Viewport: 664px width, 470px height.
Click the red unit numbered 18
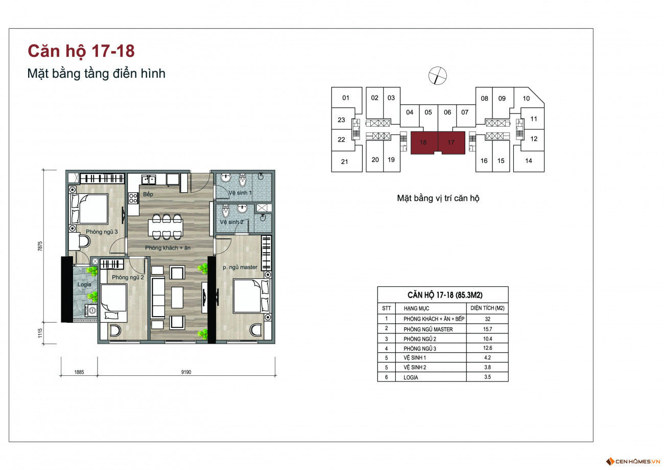point(424,142)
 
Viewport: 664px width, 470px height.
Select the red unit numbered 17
point(452,142)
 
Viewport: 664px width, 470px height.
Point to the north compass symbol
point(438,76)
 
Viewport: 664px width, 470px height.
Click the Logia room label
point(84,284)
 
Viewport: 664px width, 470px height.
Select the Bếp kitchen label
point(148,194)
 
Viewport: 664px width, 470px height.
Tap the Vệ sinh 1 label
point(240,193)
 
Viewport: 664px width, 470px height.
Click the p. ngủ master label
point(240,267)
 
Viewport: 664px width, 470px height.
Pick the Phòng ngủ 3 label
point(102,232)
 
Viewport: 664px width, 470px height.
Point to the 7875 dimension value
point(40,246)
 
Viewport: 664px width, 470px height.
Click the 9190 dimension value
point(186,372)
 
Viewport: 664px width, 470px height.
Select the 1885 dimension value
point(79,372)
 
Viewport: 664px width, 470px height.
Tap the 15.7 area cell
point(487,329)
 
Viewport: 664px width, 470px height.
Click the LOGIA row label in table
point(411,377)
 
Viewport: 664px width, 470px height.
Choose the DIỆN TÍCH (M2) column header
point(487,308)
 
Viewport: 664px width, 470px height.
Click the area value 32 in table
point(487,319)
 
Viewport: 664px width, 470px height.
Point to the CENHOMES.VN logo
point(633,461)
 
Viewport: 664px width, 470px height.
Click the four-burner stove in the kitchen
point(133,198)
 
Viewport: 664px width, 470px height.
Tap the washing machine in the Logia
point(91,310)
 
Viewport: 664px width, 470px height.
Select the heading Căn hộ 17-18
point(81,51)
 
